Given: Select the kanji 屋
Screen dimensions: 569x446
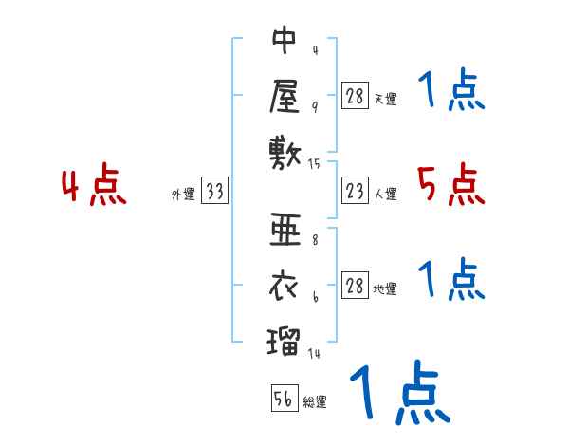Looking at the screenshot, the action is (x=284, y=94).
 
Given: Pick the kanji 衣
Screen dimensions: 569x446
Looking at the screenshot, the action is (x=284, y=283).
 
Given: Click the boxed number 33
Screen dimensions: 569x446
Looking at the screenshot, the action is (x=215, y=192).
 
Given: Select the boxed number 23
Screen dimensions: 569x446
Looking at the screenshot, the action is (x=355, y=192).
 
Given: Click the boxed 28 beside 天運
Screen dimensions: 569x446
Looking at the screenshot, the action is (x=355, y=95).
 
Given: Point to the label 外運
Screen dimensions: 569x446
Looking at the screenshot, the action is (x=182, y=195).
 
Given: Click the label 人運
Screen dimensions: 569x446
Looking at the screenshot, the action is (x=385, y=195).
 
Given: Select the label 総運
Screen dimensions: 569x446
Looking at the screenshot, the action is (x=315, y=402).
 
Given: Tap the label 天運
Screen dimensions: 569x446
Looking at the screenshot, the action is (x=385, y=98).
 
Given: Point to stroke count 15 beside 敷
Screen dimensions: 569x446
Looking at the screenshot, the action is (x=315, y=163).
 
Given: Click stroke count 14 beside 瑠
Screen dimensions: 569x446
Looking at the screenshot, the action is (x=315, y=353).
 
